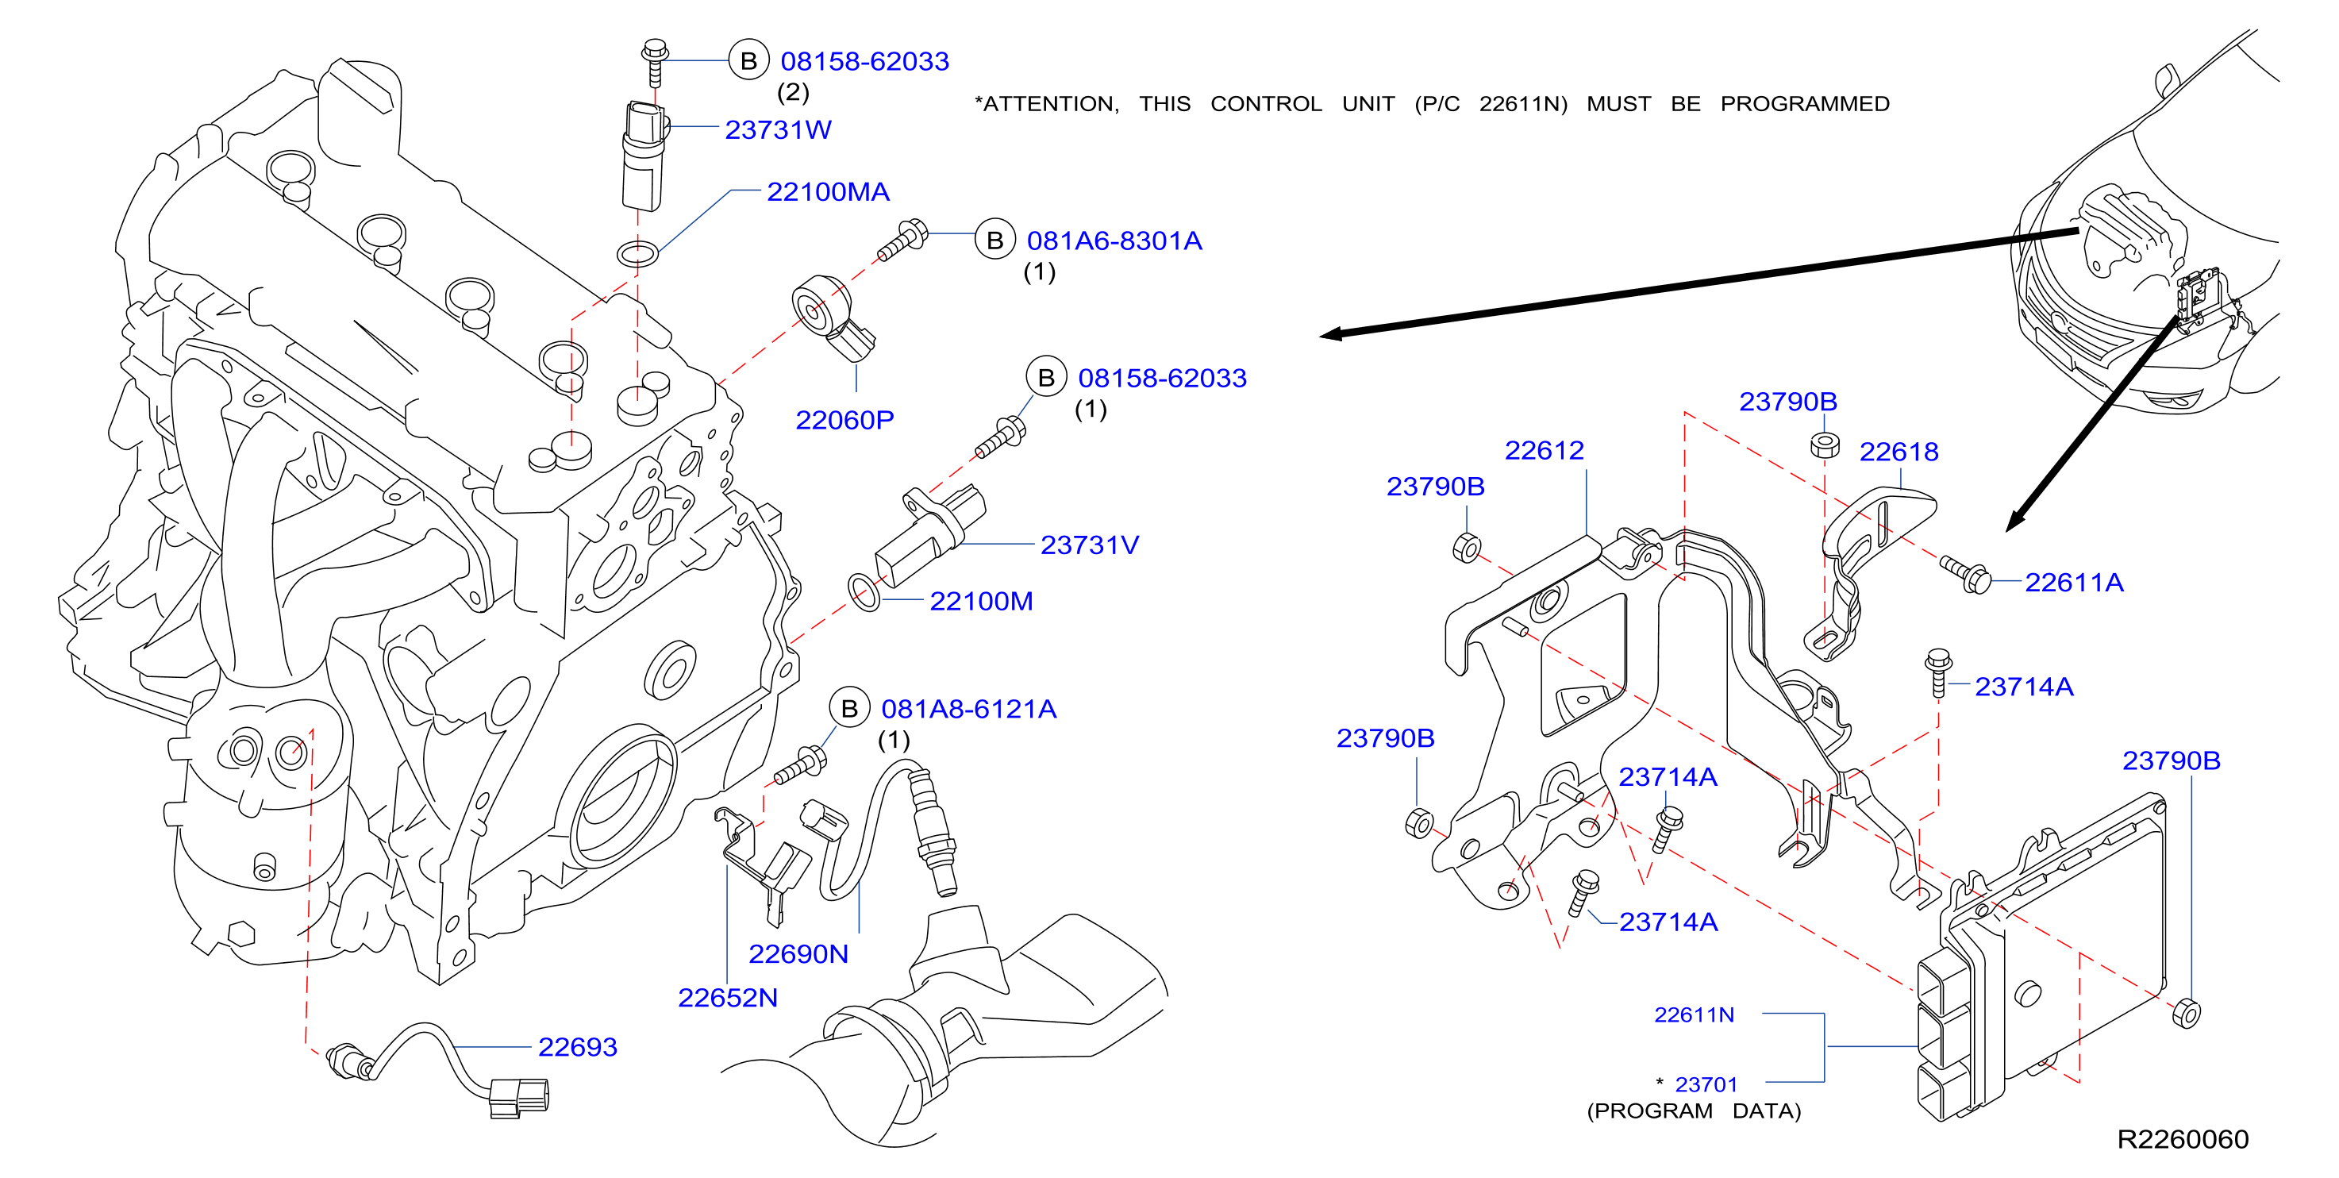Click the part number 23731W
(777, 130)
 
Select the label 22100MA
(827, 191)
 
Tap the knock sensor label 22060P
(844, 420)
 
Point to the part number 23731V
(1089, 545)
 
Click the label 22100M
(981, 601)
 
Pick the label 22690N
(798, 953)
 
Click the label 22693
(578, 1047)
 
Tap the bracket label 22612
(1544, 451)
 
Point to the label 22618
(1899, 452)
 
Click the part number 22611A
(2074, 582)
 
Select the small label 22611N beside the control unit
(1694, 1014)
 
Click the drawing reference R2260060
(2183, 1139)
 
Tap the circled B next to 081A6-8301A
(994, 240)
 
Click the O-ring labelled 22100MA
(637, 253)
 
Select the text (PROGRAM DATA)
(1694, 1111)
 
